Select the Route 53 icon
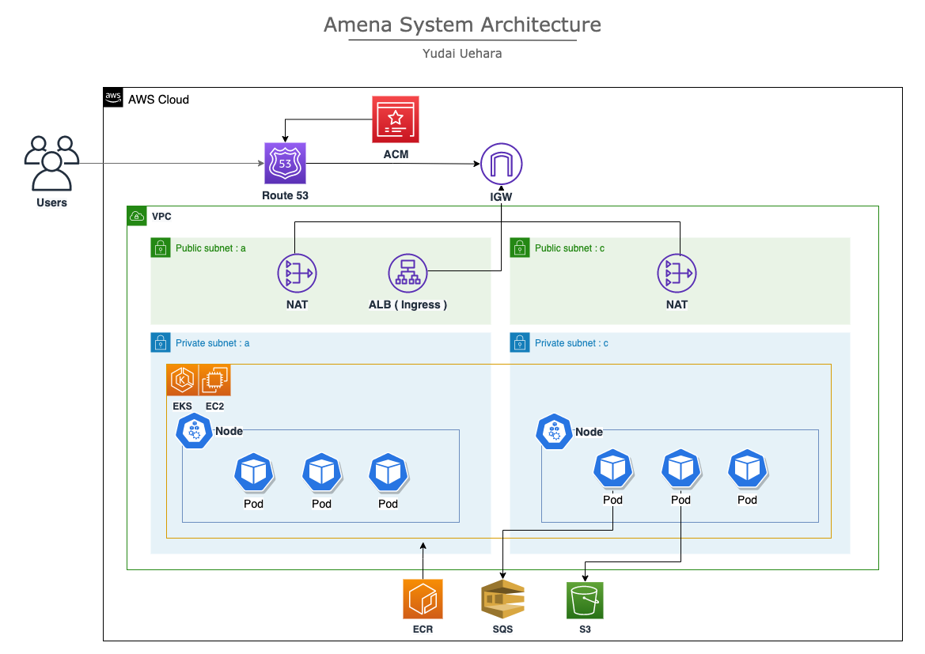[x=286, y=164]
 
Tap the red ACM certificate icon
[x=396, y=120]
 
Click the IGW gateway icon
[x=502, y=164]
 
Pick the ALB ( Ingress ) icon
[x=408, y=274]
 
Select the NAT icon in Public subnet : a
[x=297, y=274]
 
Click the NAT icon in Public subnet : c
[x=677, y=274]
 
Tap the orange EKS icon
[x=183, y=380]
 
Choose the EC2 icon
[x=214, y=380]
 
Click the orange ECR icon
[x=423, y=599]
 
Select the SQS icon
[x=502, y=600]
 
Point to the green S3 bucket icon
[x=585, y=600]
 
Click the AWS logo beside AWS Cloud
[x=114, y=98]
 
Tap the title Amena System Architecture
[x=462, y=25]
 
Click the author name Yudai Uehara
[x=462, y=54]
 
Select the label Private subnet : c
[x=571, y=343]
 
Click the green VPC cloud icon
[x=137, y=216]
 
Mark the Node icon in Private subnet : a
[x=194, y=431]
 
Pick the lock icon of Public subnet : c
[x=520, y=248]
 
